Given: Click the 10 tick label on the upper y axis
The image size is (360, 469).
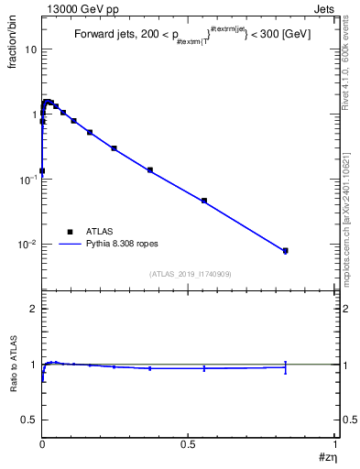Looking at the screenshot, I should point(30,49).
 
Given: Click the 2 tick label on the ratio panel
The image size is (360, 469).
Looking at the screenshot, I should point(33,309).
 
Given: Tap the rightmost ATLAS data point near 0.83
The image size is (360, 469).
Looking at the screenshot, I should point(285,251).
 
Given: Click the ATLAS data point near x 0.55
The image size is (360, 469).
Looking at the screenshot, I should point(204,201).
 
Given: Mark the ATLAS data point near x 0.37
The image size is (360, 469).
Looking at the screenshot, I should point(149,170).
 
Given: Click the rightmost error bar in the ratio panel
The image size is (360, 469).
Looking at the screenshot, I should point(285,367).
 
